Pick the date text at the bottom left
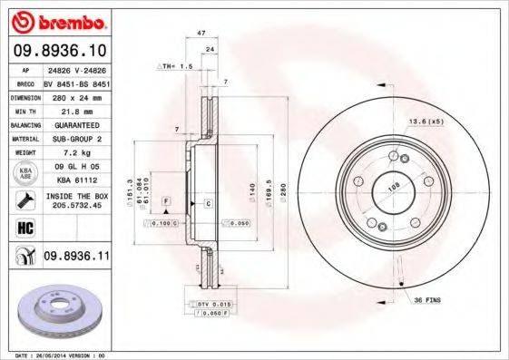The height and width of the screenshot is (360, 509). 57,355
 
